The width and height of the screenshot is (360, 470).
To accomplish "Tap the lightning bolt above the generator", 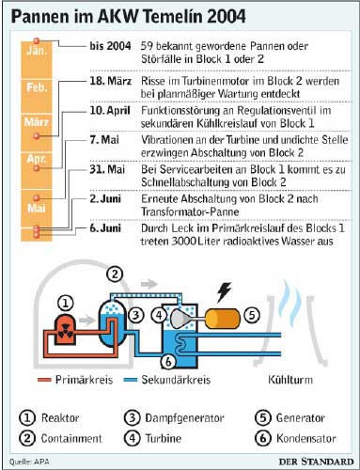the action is [225, 291].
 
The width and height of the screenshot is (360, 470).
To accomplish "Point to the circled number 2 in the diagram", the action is [114, 274].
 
